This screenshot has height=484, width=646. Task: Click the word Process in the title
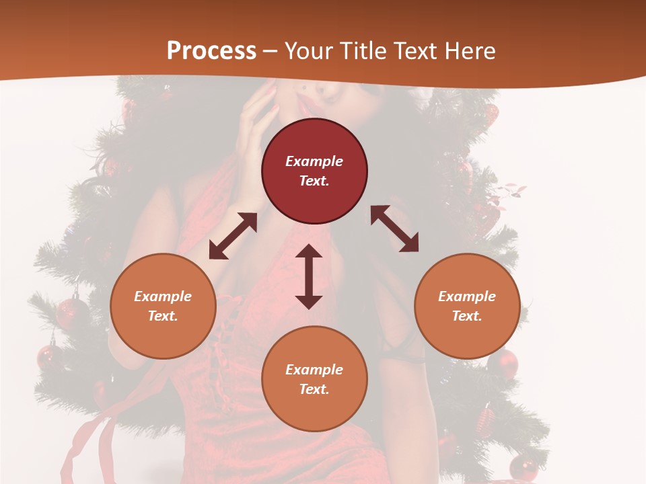pos(211,51)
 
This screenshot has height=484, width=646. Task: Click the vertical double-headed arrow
pos(309,276)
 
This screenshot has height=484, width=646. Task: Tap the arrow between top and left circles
pos(233,236)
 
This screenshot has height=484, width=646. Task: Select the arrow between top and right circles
pos(394,229)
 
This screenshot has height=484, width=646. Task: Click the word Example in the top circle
pos(314,161)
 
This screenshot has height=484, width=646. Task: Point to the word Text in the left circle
pos(163,316)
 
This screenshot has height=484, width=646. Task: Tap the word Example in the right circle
pos(467,296)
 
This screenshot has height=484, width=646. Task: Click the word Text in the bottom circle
pos(314,389)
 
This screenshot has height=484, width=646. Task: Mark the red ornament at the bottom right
pos(523,467)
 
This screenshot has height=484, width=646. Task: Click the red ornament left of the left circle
pos(71,313)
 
